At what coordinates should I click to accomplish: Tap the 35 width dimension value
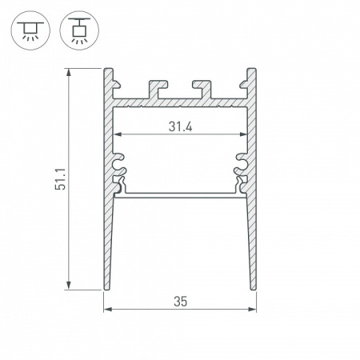point(179,302)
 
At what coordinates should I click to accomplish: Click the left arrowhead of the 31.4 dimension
point(116,133)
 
